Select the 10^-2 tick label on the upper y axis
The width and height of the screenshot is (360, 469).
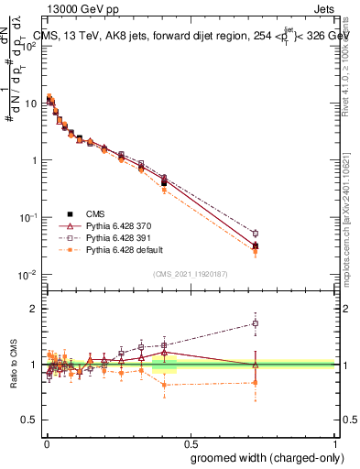click(x=27, y=275)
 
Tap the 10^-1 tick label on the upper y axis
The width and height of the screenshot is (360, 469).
click(x=27, y=217)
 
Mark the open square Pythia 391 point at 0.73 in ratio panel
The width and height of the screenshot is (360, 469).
click(x=256, y=323)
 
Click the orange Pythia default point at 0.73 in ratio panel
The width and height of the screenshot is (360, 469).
click(x=256, y=382)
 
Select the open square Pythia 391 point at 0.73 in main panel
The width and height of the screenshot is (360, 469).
click(x=256, y=234)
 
